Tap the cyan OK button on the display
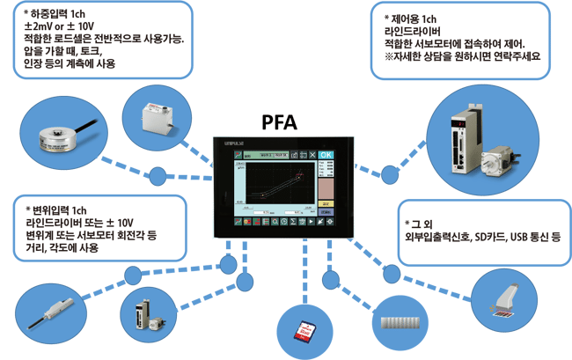click(x=326, y=155)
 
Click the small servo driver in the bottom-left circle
click(x=144, y=313)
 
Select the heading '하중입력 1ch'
click(x=57, y=15)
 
